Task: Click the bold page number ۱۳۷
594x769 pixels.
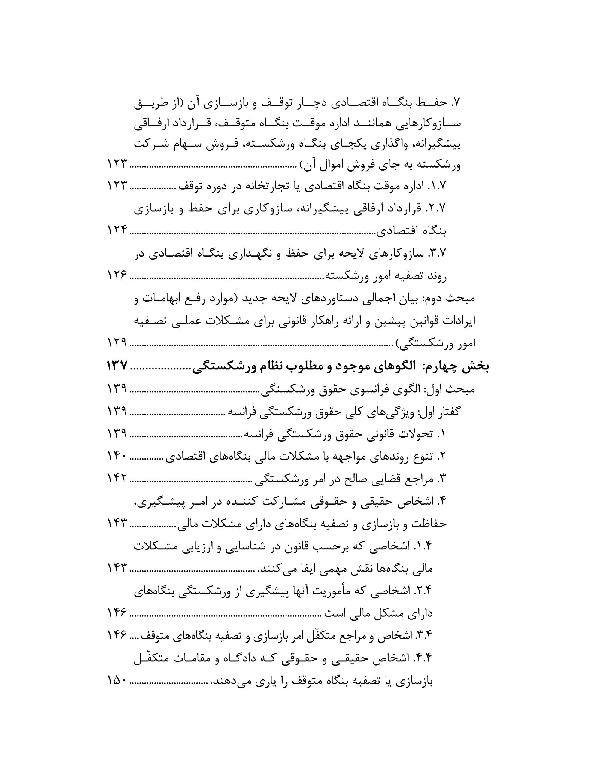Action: click(x=117, y=366)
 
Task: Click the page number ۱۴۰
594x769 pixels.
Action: click(x=117, y=457)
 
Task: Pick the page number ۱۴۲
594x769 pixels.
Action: click(x=117, y=479)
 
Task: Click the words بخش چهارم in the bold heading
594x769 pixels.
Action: click(x=457, y=367)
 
